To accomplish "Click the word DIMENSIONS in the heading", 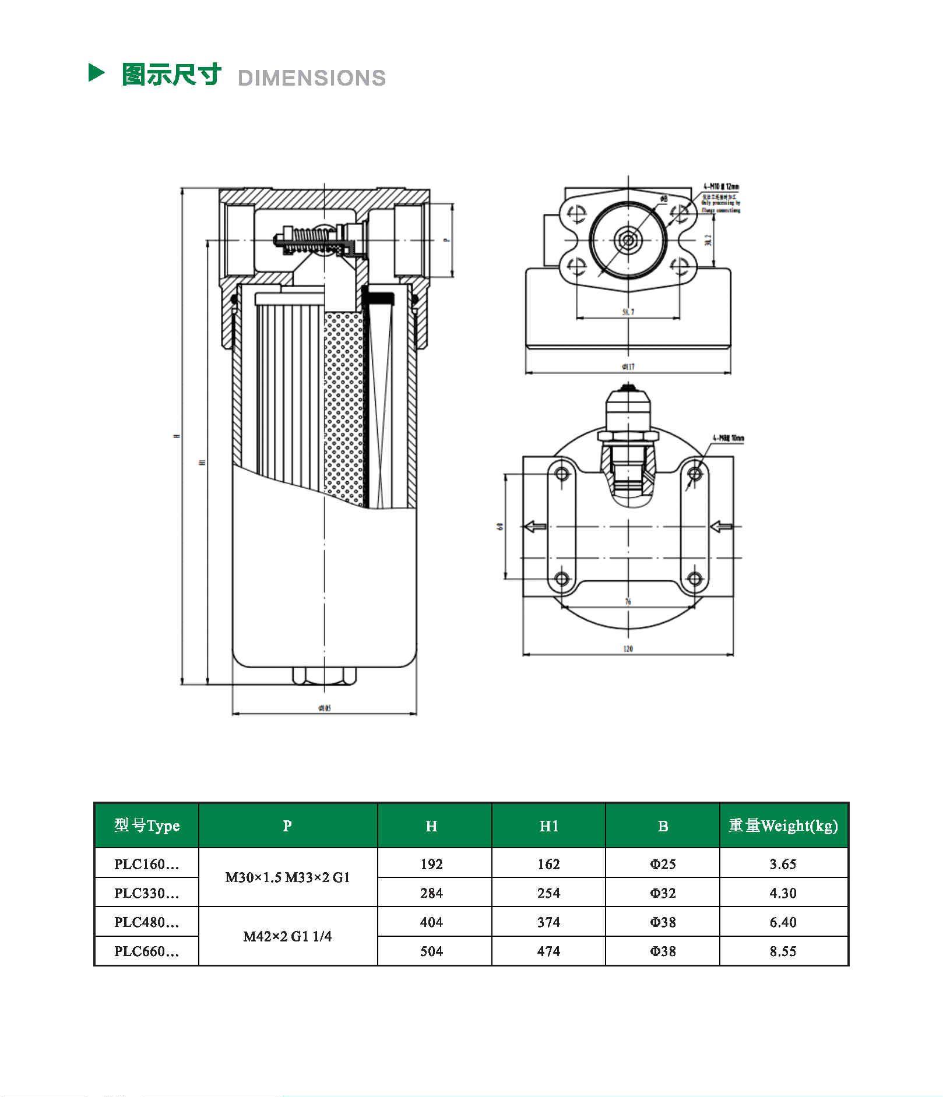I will tap(312, 78).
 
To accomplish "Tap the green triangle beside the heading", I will tap(96, 73).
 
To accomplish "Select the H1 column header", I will tap(548, 826).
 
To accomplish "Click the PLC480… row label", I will tap(146, 922).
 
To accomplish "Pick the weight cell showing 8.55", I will tap(783, 951).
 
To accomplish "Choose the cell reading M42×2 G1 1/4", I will tap(287, 937).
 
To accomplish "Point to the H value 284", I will tap(431, 893).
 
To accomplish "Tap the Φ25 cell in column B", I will tap(663, 864).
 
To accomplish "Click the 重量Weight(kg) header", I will tap(783, 826).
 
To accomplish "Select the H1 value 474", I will tap(548, 951).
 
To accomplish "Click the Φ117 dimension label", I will tap(628, 367).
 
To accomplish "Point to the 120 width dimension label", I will tap(628, 649).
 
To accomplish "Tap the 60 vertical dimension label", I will tap(500, 527).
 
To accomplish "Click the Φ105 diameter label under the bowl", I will tap(325, 708).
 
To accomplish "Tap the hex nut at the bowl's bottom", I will tap(324, 675).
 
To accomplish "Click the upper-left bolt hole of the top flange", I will tap(576, 214).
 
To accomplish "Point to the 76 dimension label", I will tap(628, 601).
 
